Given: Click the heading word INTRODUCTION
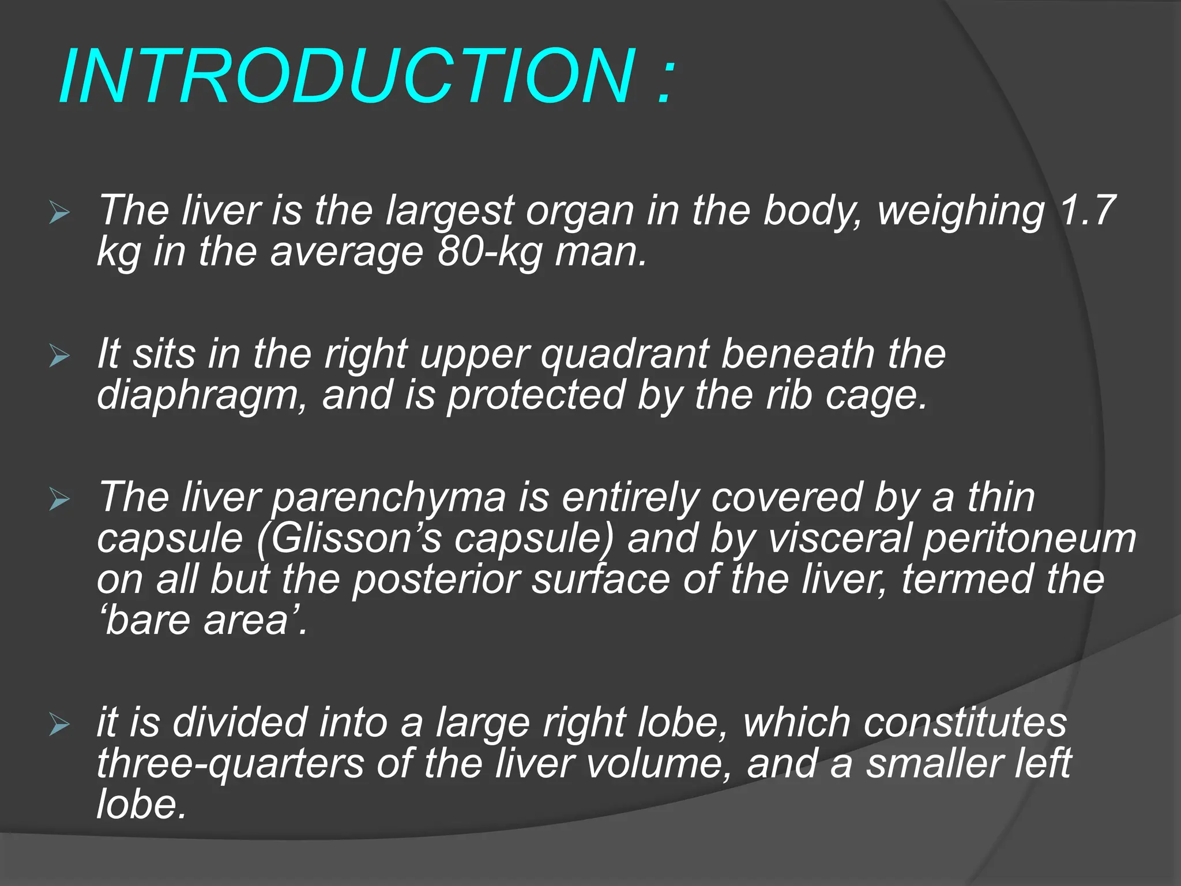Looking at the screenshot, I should (x=347, y=77).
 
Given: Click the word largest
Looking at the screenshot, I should (x=450, y=211).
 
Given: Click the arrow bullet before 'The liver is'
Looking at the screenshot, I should (x=59, y=212).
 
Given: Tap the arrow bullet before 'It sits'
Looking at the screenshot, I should (x=59, y=356).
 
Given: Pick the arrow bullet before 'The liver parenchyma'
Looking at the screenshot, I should (x=59, y=499).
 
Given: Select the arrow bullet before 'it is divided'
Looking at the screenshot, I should (x=59, y=723).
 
